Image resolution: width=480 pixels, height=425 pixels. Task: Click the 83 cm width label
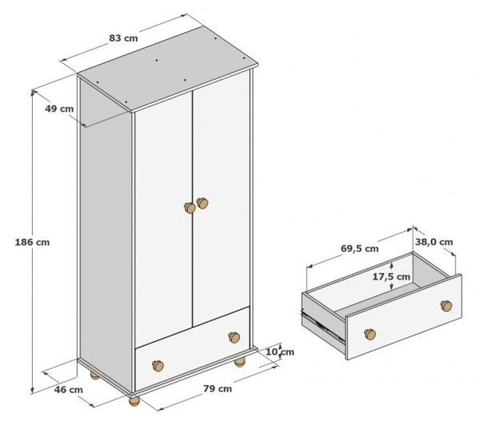[123, 38]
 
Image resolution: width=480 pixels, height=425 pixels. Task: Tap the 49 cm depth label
[59, 109]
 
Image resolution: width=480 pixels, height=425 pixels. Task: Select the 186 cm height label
[32, 242]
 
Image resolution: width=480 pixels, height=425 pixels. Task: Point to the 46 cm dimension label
[68, 390]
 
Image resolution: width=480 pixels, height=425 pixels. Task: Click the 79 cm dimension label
[218, 388]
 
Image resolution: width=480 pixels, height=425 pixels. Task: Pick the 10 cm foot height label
[279, 352]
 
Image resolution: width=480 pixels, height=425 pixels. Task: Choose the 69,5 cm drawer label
[360, 248]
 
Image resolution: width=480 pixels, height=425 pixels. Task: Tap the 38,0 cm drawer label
[434, 242]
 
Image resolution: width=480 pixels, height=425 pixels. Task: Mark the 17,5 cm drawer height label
[391, 276]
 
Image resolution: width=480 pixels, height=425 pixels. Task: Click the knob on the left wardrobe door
[190, 208]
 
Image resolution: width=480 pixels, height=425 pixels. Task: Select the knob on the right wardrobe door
[202, 203]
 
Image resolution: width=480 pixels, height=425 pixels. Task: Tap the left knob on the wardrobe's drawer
[158, 365]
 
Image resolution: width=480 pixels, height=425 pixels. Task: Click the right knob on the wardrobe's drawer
[234, 337]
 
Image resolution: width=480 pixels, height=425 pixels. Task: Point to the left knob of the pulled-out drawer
[370, 334]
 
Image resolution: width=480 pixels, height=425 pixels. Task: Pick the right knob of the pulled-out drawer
[446, 306]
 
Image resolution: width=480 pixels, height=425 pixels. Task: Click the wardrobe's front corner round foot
[134, 401]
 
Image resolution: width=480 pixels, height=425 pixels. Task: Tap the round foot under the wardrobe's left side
[95, 375]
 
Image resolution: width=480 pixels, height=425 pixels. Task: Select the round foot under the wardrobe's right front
[240, 362]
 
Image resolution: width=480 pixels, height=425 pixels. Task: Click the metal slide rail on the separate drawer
[322, 325]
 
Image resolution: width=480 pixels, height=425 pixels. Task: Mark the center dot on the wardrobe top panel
[157, 61]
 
